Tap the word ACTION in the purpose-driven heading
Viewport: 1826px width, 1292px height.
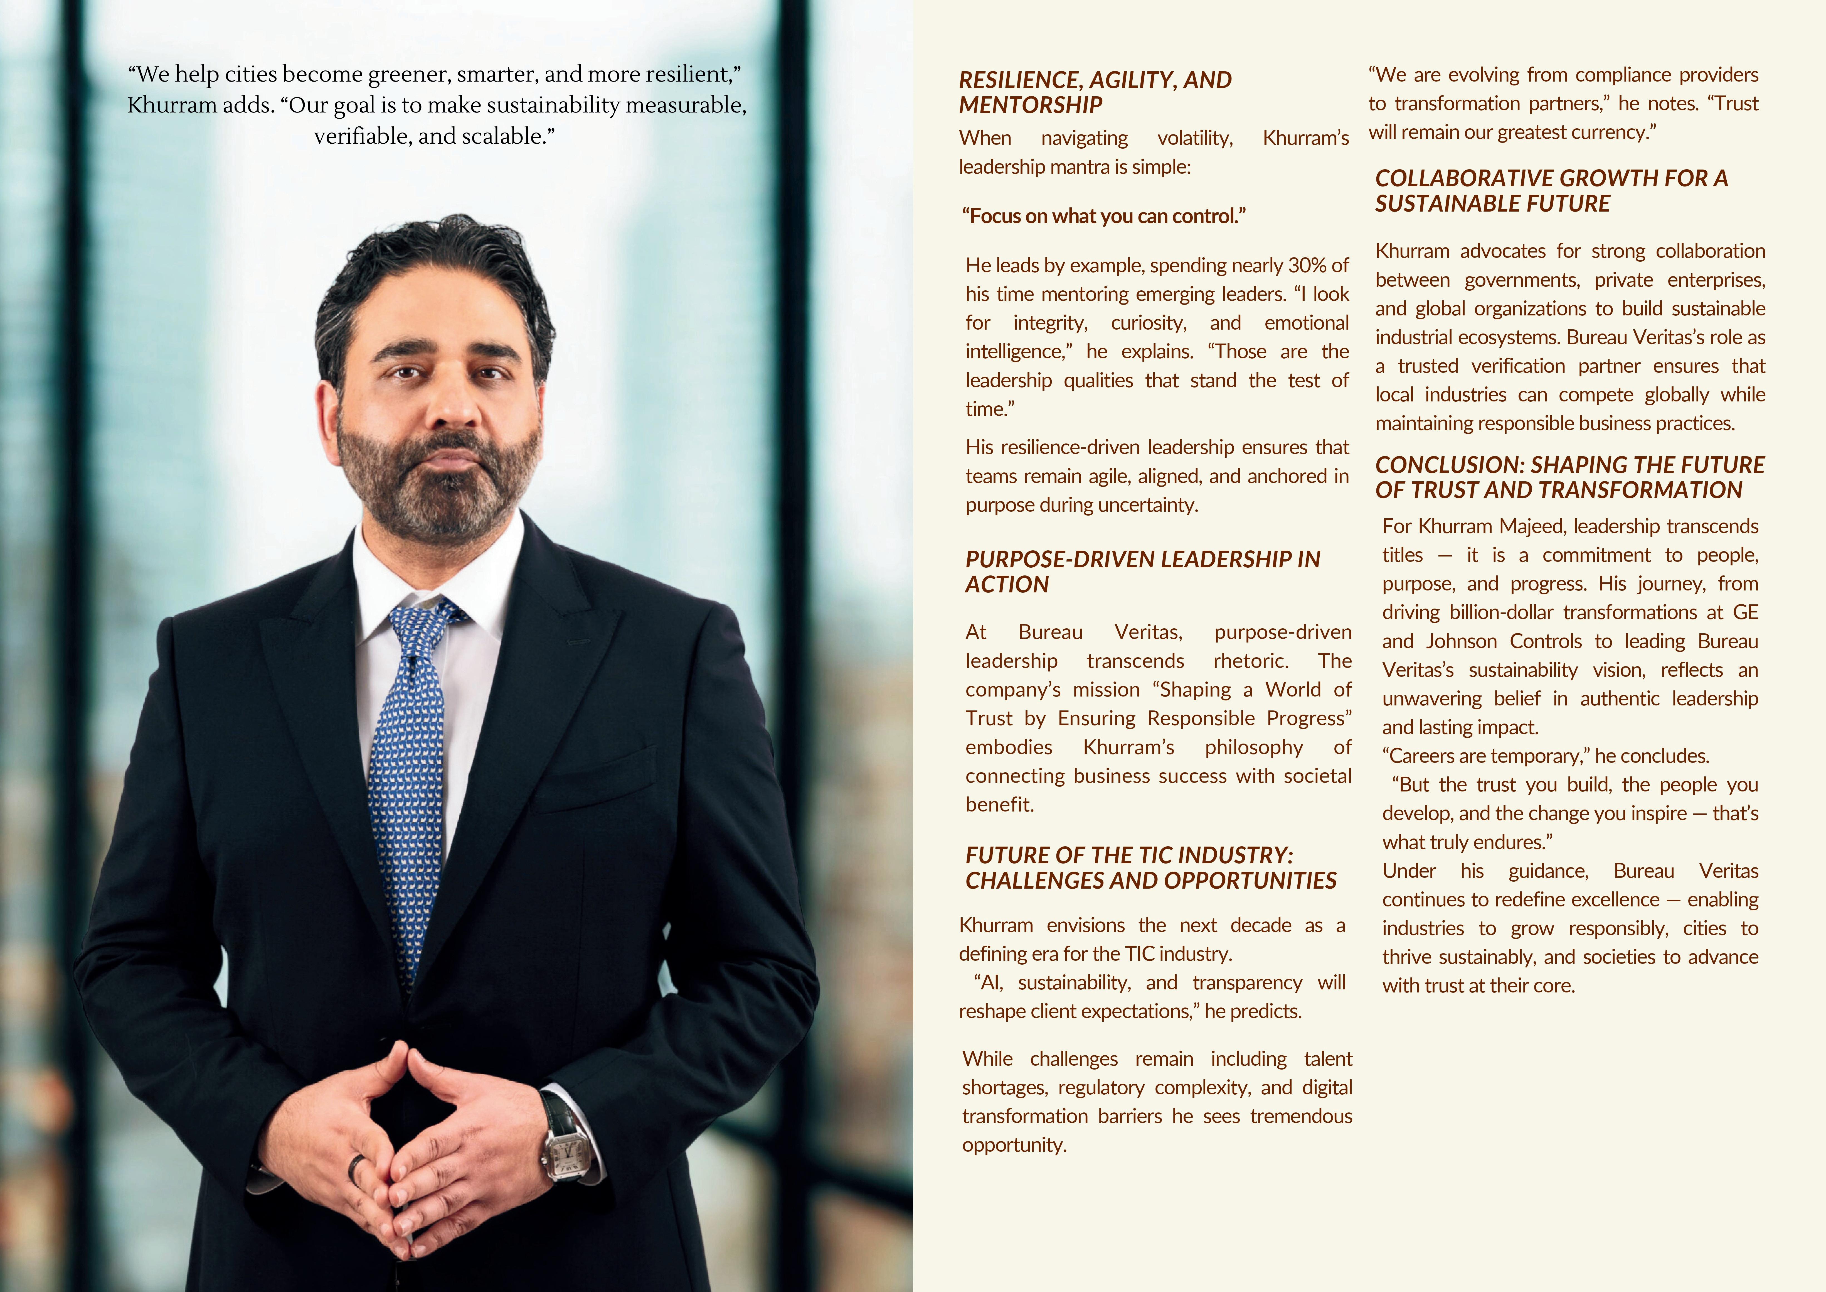pos(1007,585)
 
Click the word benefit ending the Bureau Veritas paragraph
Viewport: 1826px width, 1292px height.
pos(1000,805)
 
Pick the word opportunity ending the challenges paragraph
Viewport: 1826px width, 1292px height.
pos(1014,1146)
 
